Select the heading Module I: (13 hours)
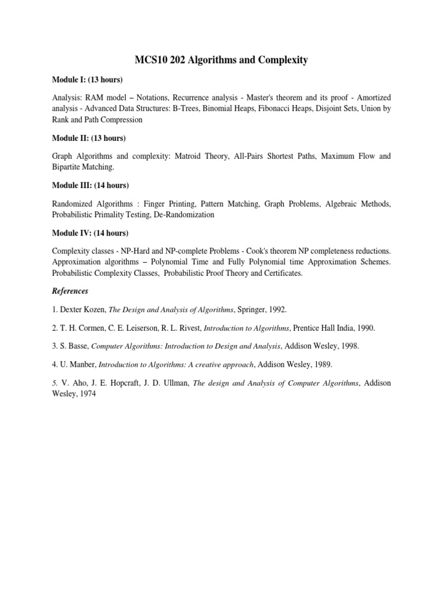88,78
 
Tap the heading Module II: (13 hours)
89,139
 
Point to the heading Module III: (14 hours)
91,185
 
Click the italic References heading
70,291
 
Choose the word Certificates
279,273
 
